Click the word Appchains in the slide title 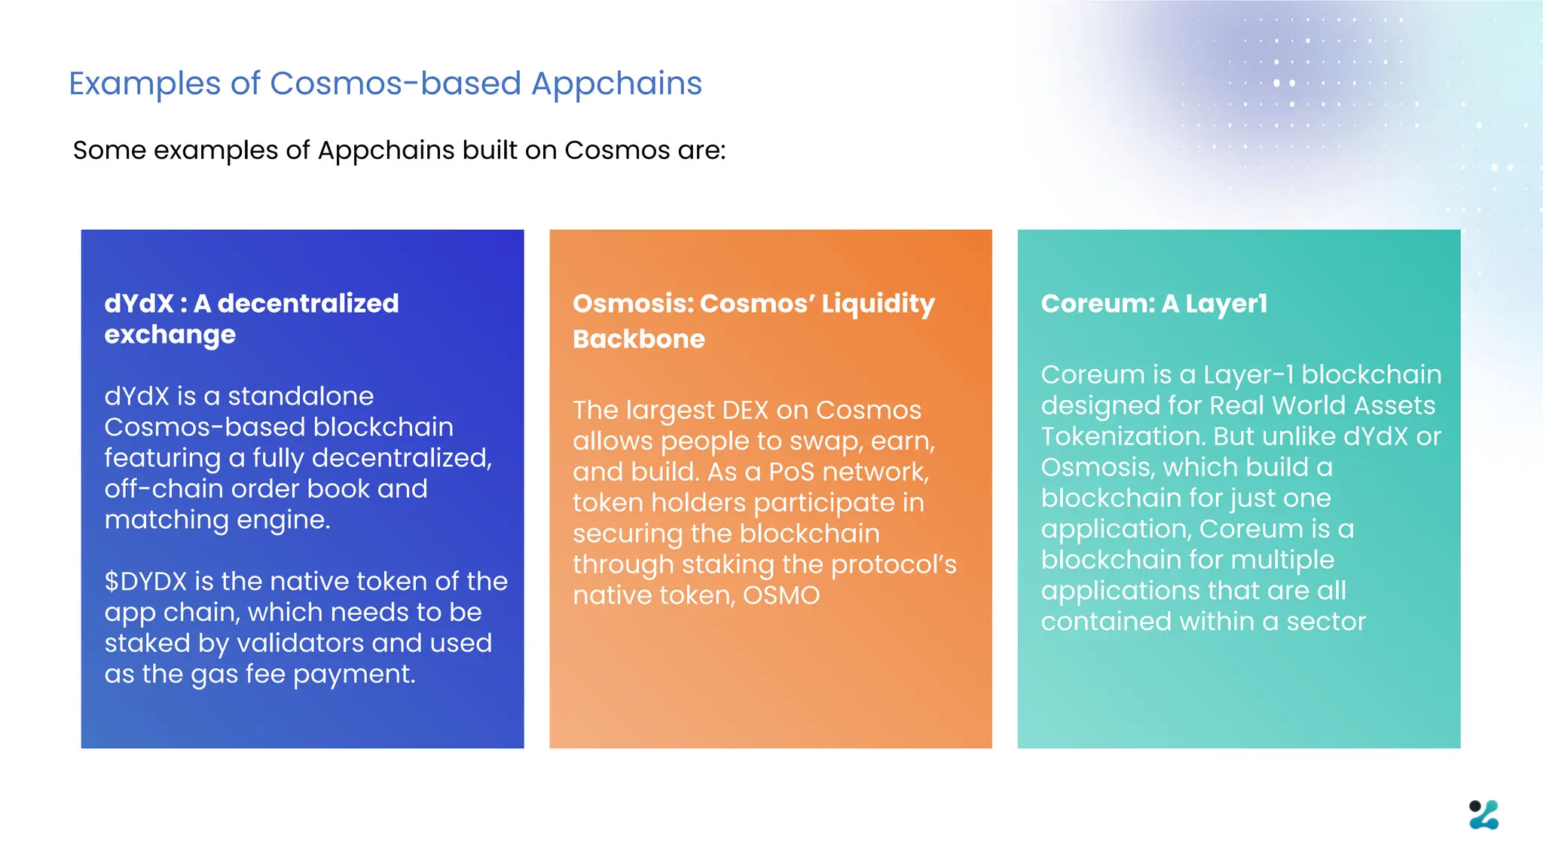pyautogui.click(x=616, y=84)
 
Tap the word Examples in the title pyautogui.click(x=144, y=84)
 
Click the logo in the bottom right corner pyautogui.click(x=1483, y=815)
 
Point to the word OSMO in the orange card pyautogui.click(x=781, y=595)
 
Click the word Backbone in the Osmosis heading pyautogui.click(x=639, y=339)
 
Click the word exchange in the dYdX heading pyautogui.click(x=170, y=335)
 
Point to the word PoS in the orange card pyautogui.click(x=792, y=472)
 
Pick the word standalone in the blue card pyautogui.click(x=301, y=396)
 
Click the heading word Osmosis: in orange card pyautogui.click(x=632, y=304)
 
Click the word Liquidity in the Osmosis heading pyautogui.click(x=878, y=304)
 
